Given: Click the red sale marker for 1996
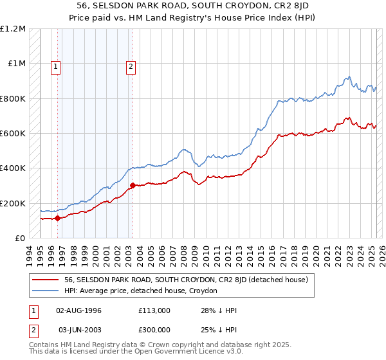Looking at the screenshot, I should [x=57, y=218].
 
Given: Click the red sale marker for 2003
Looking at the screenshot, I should [x=132, y=186].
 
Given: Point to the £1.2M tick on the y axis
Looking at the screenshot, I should [x=13, y=29].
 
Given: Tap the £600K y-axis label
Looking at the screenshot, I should [x=13, y=134].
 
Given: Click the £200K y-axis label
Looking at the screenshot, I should [x=13, y=203].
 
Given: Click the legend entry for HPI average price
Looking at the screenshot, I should [x=141, y=291].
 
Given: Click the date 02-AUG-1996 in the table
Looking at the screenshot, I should [x=79, y=310].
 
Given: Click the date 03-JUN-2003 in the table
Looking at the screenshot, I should [x=79, y=330].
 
